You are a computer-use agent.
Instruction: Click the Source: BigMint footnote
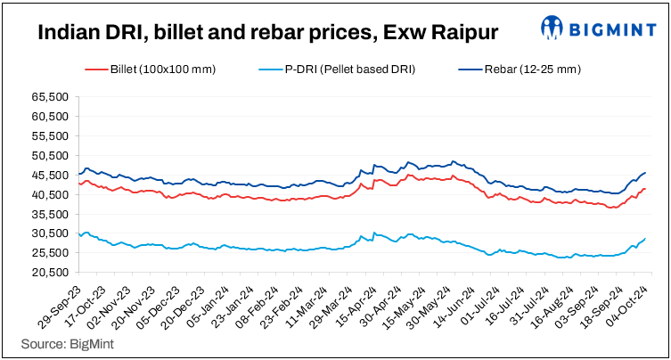click(60, 342)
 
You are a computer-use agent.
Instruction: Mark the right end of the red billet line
click(645, 188)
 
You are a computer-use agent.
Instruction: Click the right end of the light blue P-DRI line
click(645, 239)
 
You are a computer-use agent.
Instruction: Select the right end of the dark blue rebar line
click(645, 173)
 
